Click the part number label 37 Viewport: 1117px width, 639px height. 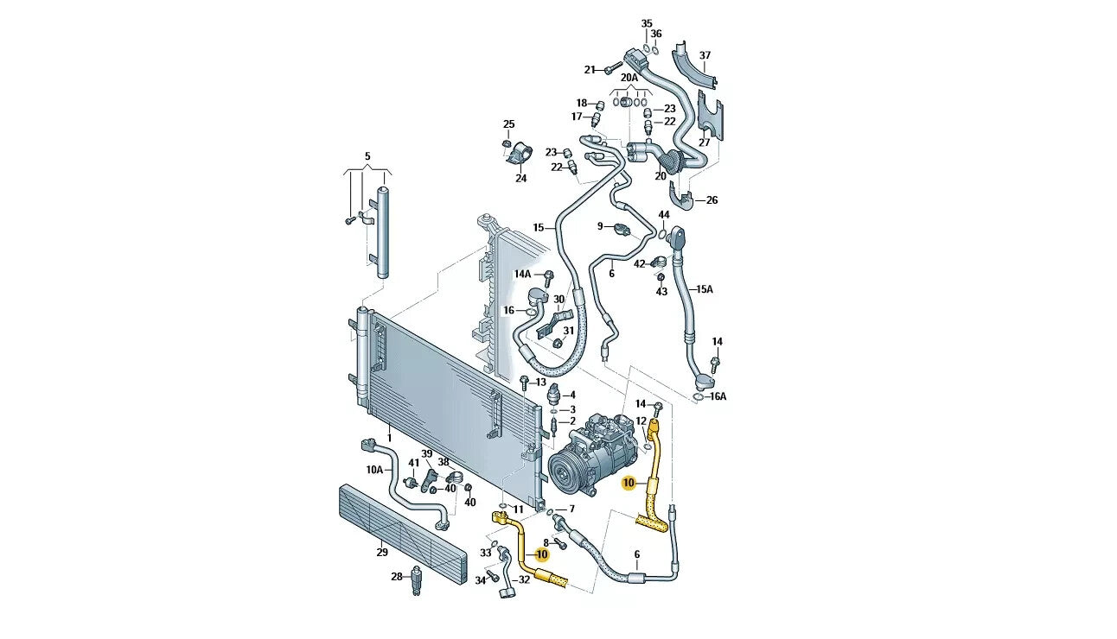(705, 55)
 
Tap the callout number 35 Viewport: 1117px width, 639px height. (647, 23)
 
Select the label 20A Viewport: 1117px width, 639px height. (629, 78)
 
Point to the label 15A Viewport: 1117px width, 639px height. (705, 289)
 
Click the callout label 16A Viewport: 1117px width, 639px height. (718, 396)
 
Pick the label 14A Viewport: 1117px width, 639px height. (522, 274)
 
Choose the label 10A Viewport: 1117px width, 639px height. (374, 470)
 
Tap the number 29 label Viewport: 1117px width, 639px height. (381, 552)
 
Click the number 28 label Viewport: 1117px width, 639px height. (397, 576)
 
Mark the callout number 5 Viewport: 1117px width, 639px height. (367, 156)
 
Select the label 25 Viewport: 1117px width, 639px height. (508, 124)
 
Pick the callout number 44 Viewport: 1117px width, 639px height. (663, 214)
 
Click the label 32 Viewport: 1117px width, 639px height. (524, 579)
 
